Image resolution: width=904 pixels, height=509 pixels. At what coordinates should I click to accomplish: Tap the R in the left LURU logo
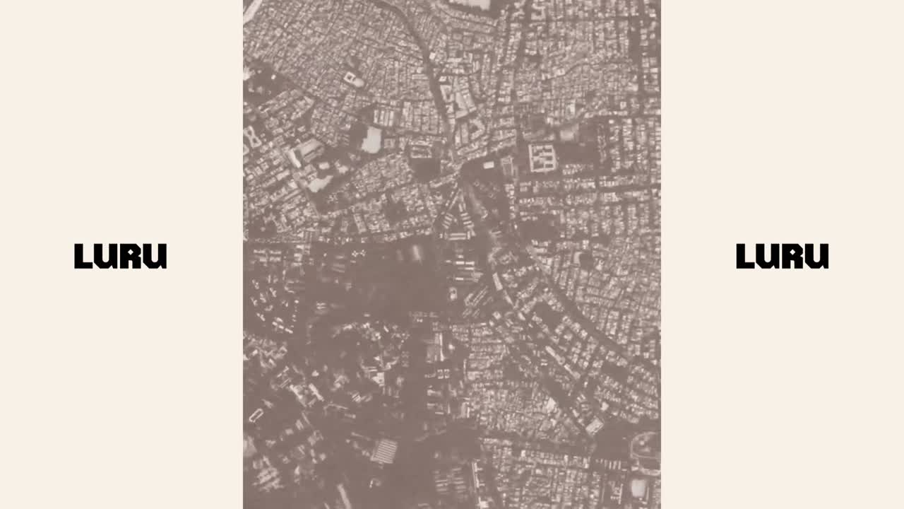point(132,256)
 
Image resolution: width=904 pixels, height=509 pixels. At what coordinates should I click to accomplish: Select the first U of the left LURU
point(107,256)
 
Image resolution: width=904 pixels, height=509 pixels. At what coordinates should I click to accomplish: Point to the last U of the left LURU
point(156,256)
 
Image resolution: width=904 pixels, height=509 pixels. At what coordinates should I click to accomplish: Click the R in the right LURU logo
point(794,256)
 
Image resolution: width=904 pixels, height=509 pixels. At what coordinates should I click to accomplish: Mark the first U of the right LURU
point(769,256)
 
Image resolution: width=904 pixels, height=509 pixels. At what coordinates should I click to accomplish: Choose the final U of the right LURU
point(818,256)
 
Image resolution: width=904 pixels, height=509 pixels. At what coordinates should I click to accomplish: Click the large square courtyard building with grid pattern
point(542,158)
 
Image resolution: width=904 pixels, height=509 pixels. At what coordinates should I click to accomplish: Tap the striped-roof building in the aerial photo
point(384,450)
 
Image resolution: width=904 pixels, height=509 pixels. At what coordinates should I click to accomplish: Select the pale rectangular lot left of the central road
point(371,139)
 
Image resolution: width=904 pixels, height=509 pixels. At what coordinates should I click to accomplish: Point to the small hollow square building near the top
point(351,78)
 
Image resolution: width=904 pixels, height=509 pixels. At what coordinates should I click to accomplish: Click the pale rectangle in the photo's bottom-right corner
point(638,487)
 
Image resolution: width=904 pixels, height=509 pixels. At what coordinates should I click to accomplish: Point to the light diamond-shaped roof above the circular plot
point(595,426)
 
